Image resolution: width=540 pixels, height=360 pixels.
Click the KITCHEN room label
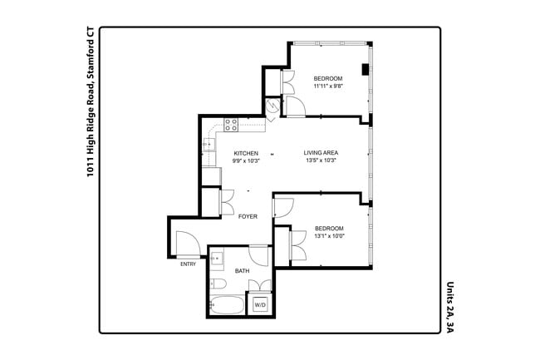pyautogui.click(x=246, y=153)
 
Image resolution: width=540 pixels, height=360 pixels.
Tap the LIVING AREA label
pyautogui.click(x=320, y=153)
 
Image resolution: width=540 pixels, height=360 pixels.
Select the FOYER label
pyautogui.click(x=248, y=216)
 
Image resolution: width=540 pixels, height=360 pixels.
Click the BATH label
pyautogui.click(x=242, y=271)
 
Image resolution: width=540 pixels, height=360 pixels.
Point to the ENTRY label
pyautogui.click(x=188, y=264)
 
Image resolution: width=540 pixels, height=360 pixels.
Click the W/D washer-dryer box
pyautogui.click(x=260, y=305)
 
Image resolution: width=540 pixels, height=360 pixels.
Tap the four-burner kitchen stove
pyautogui.click(x=232, y=126)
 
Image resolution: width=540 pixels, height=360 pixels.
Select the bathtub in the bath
pyautogui.click(x=226, y=305)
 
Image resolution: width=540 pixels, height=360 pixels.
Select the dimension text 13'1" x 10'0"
pyautogui.click(x=328, y=236)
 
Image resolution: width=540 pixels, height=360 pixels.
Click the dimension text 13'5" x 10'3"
pyautogui.click(x=320, y=161)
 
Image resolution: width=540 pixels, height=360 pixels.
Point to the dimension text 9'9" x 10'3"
pyautogui.click(x=246, y=161)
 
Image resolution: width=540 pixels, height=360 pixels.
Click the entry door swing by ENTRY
pyautogui.click(x=186, y=243)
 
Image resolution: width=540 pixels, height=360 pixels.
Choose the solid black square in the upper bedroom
pyautogui.click(x=365, y=70)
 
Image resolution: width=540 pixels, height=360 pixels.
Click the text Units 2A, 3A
pyautogui.click(x=449, y=306)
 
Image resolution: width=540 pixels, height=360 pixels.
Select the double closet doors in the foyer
pyautogui.click(x=227, y=202)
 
